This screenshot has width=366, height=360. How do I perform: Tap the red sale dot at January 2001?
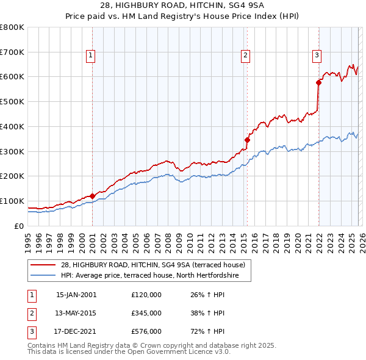[92, 196]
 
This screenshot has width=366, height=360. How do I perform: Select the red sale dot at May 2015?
[247, 140]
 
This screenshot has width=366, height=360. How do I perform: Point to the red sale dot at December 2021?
[318, 82]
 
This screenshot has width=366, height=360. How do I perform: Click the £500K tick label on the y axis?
[12, 102]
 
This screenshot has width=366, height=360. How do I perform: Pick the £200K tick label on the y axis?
[12, 176]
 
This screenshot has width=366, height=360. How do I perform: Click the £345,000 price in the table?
[146, 313]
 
